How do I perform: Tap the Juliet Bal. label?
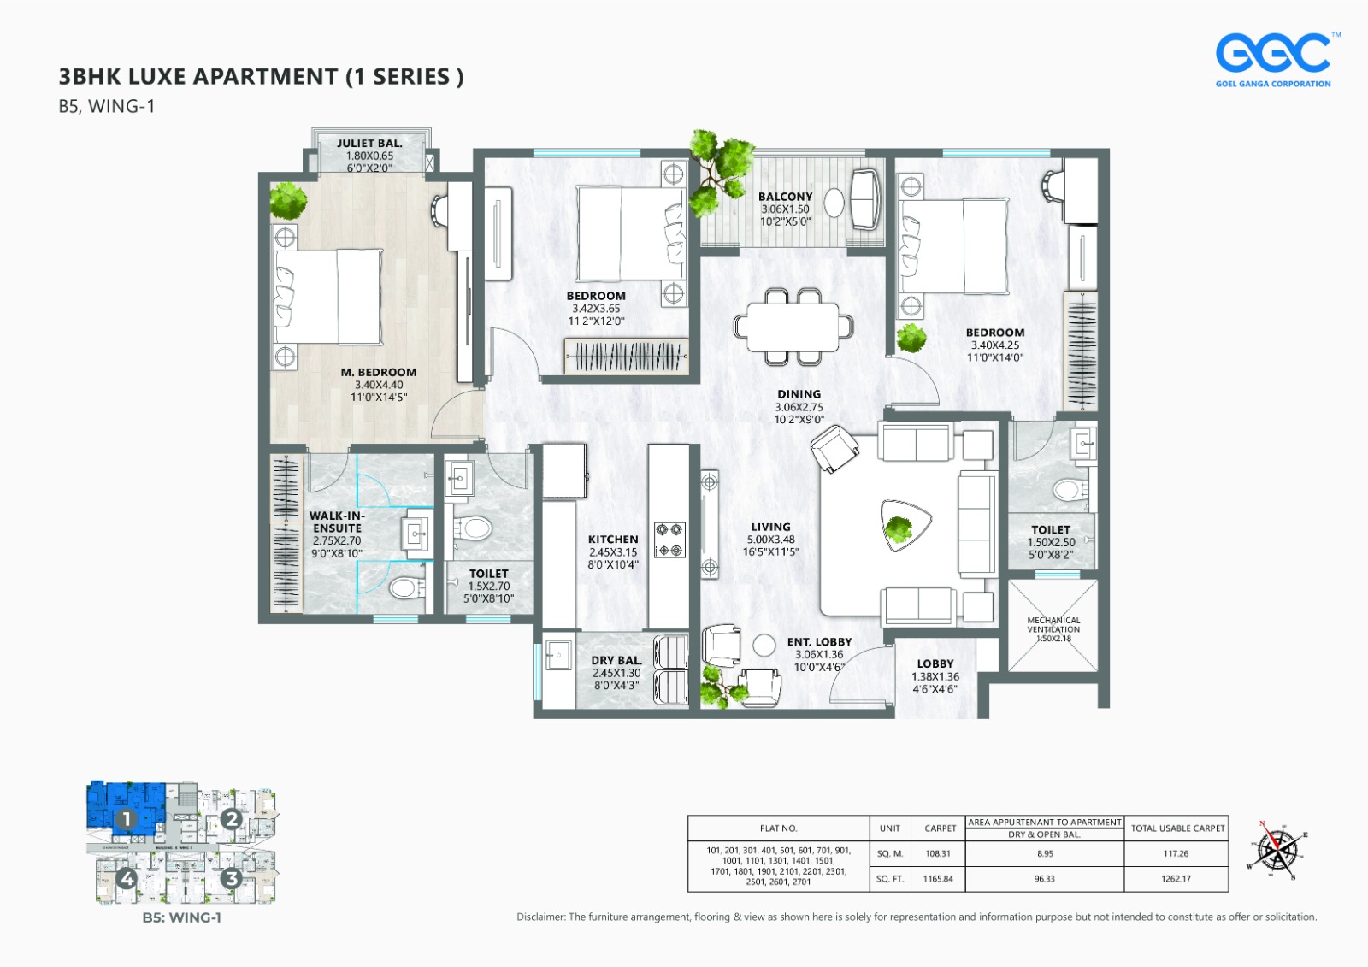click(369, 144)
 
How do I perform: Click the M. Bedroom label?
click(379, 373)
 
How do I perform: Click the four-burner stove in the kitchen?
click(669, 540)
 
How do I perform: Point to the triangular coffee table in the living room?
click(905, 523)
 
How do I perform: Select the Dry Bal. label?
click(616, 661)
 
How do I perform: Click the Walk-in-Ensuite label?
click(337, 522)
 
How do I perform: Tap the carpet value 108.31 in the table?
click(938, 853)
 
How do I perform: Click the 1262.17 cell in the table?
click(1176, 879)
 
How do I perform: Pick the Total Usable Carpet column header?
click(1177, 828)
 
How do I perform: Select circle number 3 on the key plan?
click(231, 878)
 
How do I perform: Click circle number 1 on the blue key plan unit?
click(126, 819)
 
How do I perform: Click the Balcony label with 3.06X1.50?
click(785, 197)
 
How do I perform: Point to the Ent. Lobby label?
click(819, 642)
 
